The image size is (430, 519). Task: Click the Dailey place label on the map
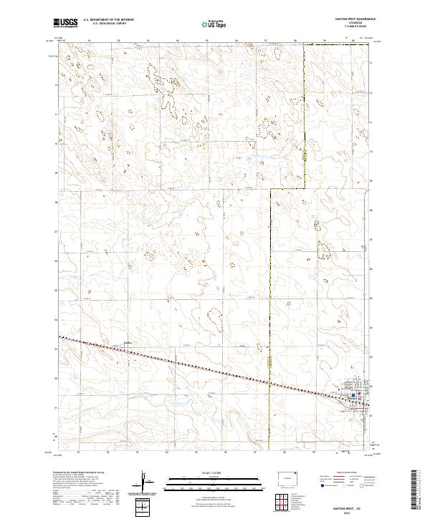pyautogui.click(x=130, y=341)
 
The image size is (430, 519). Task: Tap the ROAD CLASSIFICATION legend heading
pyautogui.click(x=347, y=473)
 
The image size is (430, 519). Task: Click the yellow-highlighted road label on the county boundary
pyautogui.click(x=305, y=155)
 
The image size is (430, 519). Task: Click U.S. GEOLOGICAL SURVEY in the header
pyautogui.click(x=103, y=24)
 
